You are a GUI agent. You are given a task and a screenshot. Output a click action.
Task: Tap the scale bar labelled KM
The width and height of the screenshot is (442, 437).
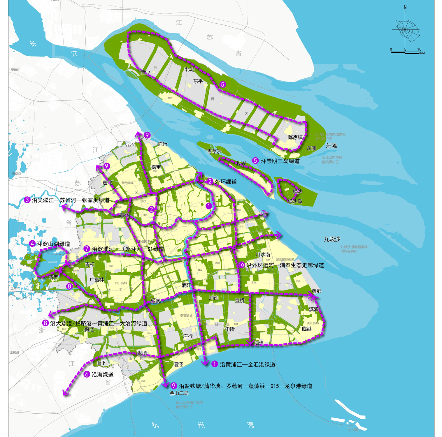tap(405, 53)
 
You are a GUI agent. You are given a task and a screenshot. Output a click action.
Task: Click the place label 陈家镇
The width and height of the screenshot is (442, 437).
tap(295, 137)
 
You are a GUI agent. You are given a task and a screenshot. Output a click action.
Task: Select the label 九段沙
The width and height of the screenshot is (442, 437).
tap(332, 239)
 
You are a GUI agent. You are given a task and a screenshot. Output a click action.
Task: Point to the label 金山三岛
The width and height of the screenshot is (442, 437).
tap(179, 393)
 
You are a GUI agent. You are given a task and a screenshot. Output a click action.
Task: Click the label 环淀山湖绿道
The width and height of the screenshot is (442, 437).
tap(53, 244)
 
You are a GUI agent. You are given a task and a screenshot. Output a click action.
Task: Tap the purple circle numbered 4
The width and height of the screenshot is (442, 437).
tap(32, 244)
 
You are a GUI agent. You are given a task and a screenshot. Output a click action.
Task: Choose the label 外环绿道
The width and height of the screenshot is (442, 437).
tap(226, 182)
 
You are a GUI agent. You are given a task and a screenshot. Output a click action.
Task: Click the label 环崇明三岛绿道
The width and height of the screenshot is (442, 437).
tap(280, 161)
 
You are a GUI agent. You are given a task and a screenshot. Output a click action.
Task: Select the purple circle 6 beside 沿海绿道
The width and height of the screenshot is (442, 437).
tap(87, 374)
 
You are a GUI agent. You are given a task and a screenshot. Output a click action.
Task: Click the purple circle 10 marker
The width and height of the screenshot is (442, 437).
tap(241, 265)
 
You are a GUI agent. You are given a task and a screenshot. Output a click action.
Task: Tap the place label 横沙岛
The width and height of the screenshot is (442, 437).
tap(294, 201)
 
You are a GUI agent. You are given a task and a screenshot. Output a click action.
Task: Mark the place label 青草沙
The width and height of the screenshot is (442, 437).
tap(214, 151)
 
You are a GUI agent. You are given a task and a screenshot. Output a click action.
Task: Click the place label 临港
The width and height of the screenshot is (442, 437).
tap(307, 329)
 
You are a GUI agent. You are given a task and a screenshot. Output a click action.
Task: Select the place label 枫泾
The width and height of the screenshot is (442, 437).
tap(89, 329)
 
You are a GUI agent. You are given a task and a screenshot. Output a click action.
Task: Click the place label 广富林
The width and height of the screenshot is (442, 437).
tap(97, 280)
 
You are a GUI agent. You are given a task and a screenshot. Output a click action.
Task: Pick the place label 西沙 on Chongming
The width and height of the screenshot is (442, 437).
tap(145, 72)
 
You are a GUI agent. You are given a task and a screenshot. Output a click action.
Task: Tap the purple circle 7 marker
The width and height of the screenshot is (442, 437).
tap(87, 249)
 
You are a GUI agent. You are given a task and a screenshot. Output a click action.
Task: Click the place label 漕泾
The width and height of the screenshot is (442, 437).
tap(178, 364)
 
